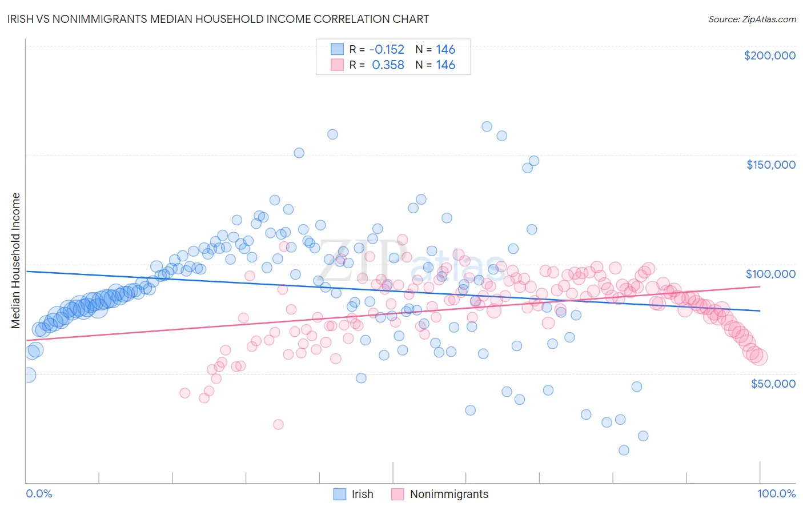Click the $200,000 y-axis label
(x=769, y=55)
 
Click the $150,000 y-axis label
(x=770, y=165)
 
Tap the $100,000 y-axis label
(x=770, y=274)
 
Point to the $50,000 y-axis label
(x=773, y=383)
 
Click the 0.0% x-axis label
(x=39, y=493)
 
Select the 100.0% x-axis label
(x=776, y=493)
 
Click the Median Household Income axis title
(x=16, y=261)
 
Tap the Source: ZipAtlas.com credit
(x=752, y=19)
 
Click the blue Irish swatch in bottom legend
(x=340, y=494)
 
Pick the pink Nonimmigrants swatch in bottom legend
(x=398, y=494)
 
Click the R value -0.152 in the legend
(x=388, y=49)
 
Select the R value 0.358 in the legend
(x=388, y=65)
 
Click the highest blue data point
(x=487, y=126)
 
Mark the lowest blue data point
(x=624, y=450)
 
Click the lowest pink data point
(x=278, y=424)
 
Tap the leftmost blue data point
(x=27, y=375)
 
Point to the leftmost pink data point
(x=184, y=393)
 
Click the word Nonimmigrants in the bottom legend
(x=449, y=494)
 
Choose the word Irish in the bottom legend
(x=362, y=494)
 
